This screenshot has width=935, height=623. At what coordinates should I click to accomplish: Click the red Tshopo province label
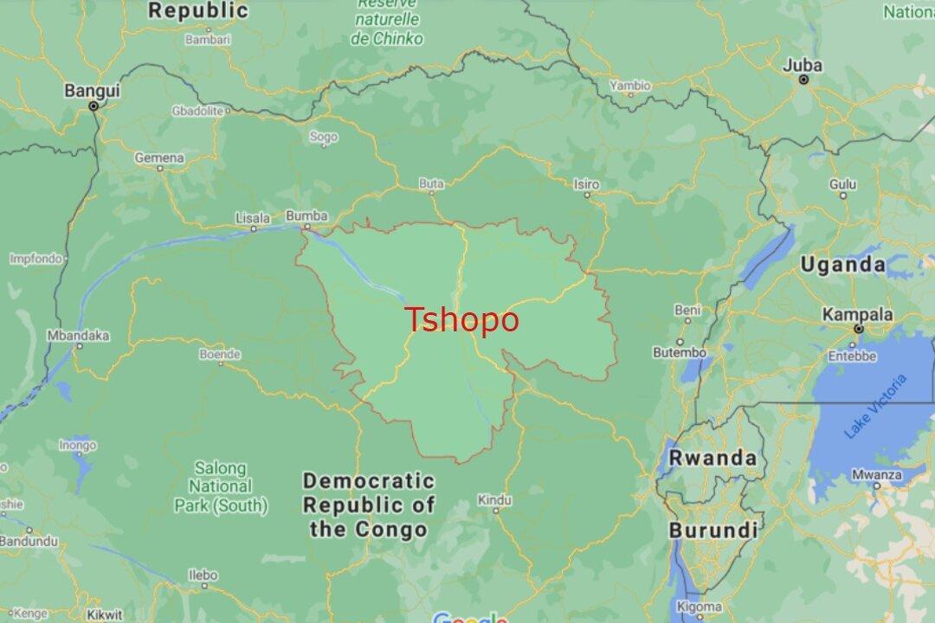coord(462,319)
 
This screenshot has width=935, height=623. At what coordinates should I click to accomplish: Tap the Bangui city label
coord(93,90)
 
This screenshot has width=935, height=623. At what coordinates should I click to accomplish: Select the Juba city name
coord(803,64)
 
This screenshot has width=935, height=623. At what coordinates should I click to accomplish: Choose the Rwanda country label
coord(713,458)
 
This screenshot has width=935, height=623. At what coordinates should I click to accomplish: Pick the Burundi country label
coord(713,529)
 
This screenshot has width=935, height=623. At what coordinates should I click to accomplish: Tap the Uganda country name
coord(842,265)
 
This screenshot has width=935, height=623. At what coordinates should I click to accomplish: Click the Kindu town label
coord(494,500)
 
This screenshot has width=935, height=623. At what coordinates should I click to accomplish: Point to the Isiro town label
coord(586,183)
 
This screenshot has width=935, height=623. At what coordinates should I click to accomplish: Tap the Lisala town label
coord(253,217)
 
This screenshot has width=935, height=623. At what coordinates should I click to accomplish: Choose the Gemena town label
coord(159,157)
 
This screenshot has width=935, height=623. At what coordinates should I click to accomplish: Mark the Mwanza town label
coord(876,474)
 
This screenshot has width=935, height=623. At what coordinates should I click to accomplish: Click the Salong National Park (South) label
coord(220,486)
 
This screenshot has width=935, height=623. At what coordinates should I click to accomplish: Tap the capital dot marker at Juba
coord(803,80)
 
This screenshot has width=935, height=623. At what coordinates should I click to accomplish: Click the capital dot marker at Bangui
coord(93,106)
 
